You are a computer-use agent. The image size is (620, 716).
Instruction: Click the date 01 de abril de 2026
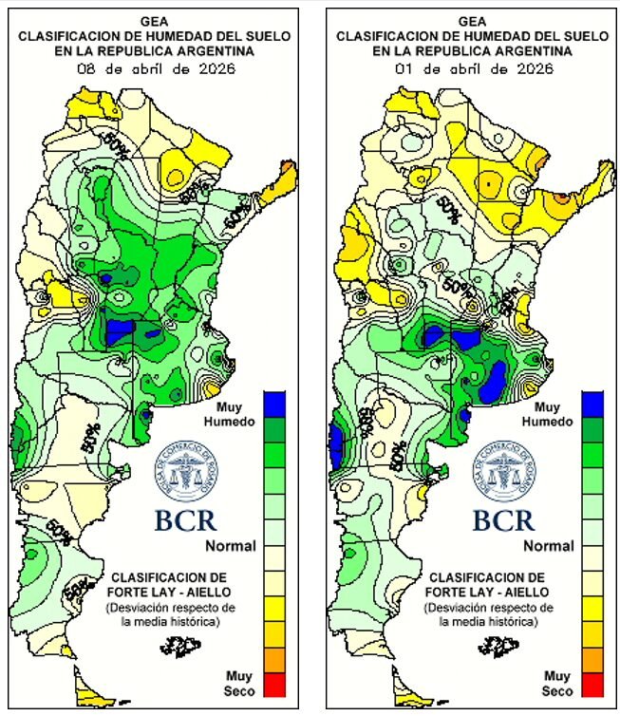pos(471,68)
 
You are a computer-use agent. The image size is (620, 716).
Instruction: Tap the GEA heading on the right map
pos(471,20)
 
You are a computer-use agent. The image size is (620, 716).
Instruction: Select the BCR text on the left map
pos(185,519)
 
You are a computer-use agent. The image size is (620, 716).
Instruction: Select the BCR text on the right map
pos(503,519)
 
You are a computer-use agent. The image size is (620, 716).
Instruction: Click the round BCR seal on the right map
pos(503,473)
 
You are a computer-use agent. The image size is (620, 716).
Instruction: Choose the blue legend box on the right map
pos(592,403)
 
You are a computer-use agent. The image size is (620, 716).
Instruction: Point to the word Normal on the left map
pos(231,546)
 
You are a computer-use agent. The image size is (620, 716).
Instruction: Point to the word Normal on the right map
pos(549,546)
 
